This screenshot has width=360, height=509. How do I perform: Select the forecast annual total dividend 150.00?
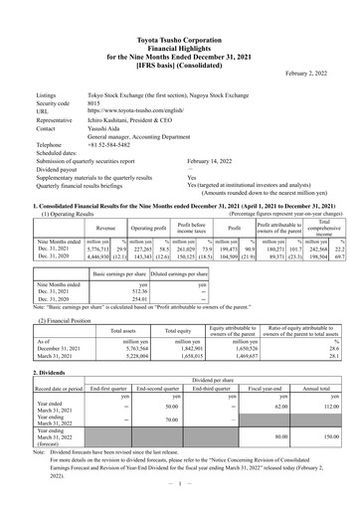323,434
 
